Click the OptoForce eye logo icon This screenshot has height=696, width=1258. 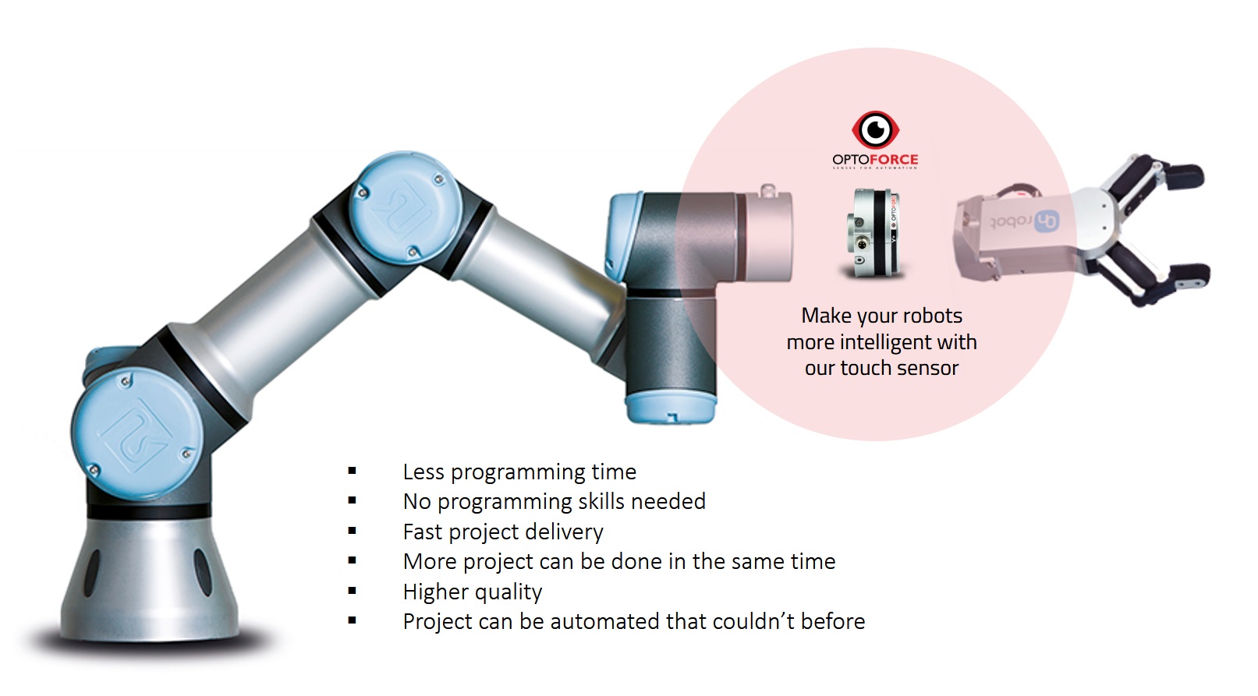point(876,129)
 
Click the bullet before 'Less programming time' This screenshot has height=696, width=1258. point(352,471)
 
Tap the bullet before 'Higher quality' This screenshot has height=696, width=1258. point(352,591)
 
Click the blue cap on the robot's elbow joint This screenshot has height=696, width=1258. point(406,207)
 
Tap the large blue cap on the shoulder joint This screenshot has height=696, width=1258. point(136,432)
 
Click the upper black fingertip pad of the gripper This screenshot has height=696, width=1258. point(1184,176)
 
